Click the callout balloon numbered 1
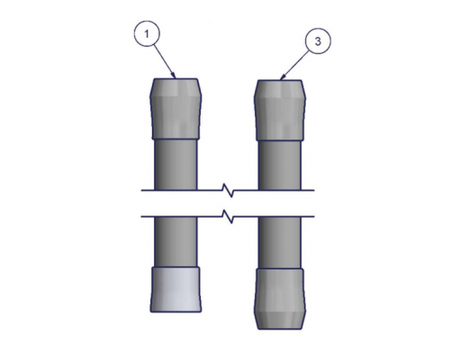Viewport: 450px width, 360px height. point(147,33)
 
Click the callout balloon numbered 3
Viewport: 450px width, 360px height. point(318,41)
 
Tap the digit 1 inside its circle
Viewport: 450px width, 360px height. point(147,34)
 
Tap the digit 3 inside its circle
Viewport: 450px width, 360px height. point(318,41)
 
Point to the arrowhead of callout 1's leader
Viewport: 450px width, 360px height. point(175,76)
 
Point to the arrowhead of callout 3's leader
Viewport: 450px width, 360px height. point(282,77)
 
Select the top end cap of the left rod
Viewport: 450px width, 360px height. point(175,109)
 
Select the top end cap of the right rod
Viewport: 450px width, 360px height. point(280,110)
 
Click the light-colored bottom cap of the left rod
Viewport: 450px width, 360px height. point(175,289)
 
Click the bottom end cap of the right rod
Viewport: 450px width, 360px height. point(280,299)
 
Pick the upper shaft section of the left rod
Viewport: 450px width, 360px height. point(175,165)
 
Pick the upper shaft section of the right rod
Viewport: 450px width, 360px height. point(280,166)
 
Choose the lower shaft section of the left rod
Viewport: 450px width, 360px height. point(175,241)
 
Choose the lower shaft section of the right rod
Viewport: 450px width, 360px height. point(280,242)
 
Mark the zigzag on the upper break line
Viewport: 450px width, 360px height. point(228,190)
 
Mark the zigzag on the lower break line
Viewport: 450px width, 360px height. point(228,216)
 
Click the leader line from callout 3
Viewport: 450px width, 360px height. point(295,65)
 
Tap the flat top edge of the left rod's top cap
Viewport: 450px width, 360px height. point(175,78)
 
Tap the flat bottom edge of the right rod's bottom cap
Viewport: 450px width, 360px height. point(280,329)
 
